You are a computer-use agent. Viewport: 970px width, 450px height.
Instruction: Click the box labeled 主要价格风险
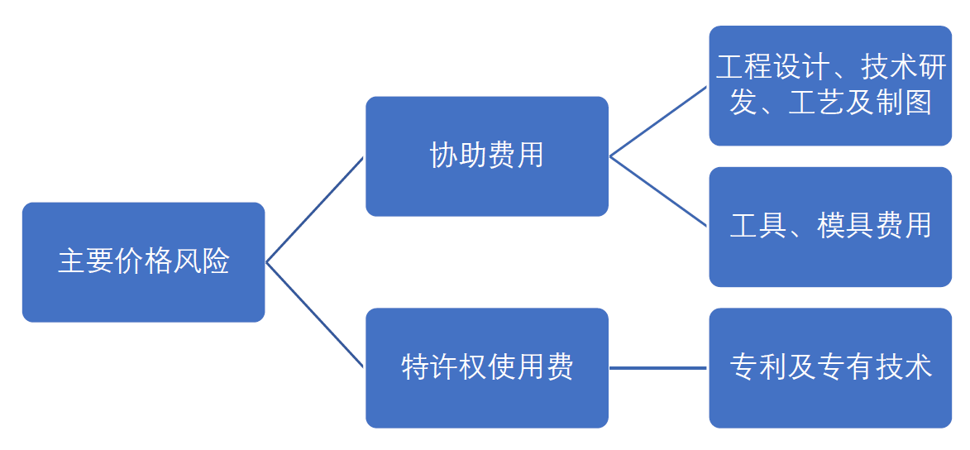[144, 262]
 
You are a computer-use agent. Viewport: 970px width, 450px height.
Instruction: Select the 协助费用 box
[487, 156]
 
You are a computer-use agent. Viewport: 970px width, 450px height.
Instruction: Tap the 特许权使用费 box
[487, 367]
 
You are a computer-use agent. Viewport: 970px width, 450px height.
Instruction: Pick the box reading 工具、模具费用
[830, 227]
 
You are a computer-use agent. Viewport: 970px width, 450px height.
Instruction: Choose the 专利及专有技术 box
[830, 367]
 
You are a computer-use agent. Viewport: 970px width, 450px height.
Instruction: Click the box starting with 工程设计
[830, 85]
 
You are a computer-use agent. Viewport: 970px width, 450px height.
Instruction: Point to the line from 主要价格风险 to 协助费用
[314, 209]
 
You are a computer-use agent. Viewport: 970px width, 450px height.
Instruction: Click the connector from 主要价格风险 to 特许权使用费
[314, 315]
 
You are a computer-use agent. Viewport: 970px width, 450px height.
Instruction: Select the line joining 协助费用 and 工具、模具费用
[658, 191]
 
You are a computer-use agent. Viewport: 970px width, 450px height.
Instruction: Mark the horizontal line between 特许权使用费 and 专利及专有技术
[658, 367]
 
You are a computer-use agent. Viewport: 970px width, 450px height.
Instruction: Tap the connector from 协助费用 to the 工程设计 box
[658, 122]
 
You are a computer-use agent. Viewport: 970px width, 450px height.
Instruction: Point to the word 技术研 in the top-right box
[903, 68]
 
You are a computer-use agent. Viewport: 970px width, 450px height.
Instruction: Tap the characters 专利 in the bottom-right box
[757, 367]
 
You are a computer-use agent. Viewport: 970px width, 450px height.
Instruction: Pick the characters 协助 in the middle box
[458, 156]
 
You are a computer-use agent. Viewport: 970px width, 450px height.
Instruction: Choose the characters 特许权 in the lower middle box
[443, 367]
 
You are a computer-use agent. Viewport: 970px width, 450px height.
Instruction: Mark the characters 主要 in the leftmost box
[86, 262]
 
